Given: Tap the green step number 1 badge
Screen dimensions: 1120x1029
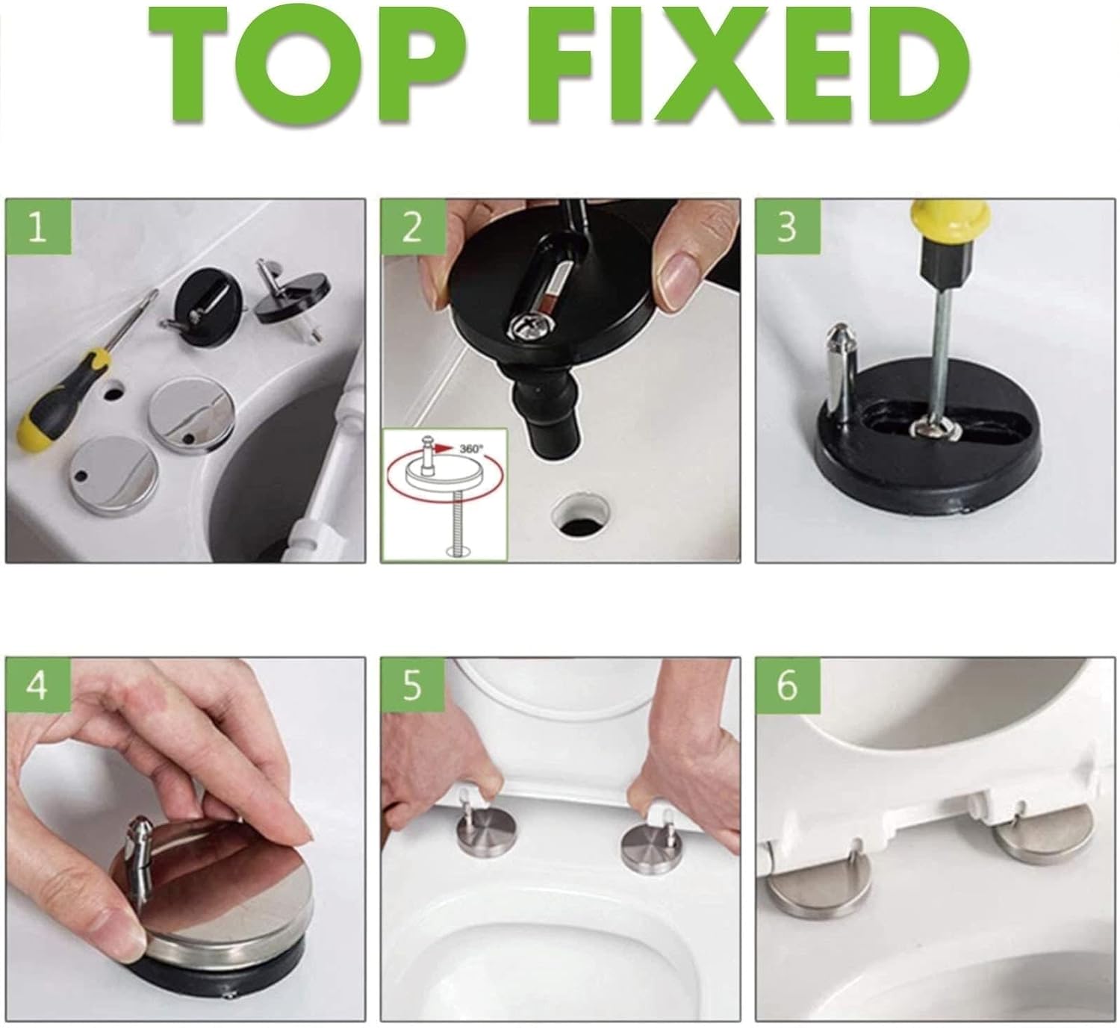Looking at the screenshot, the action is (38, 227).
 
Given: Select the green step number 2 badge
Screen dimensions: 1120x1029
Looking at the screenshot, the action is (413, 227).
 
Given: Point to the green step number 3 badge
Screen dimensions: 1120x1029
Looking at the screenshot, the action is (788, 227).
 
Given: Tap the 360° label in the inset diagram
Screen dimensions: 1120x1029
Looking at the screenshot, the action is (471, 448).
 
